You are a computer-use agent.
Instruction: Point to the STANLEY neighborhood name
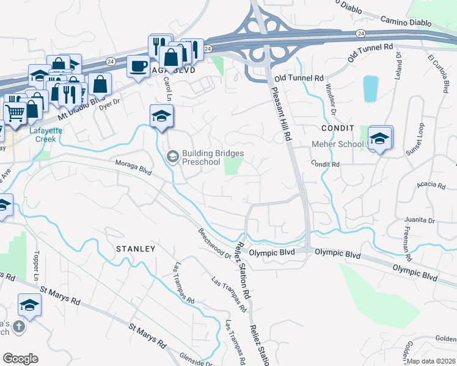point(134,249)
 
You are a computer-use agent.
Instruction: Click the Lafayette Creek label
point(42,135)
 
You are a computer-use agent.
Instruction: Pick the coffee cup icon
point(139,65)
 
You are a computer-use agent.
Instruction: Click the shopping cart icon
point(15,112)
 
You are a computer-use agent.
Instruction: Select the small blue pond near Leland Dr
point(370,88)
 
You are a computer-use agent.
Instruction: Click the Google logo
point(20,359)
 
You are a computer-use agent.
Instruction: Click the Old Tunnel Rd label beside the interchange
point(299,79)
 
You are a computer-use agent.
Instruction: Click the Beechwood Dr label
point(214,244)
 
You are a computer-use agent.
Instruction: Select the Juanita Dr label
point(420,220)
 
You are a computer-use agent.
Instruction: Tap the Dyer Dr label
point(108,106)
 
